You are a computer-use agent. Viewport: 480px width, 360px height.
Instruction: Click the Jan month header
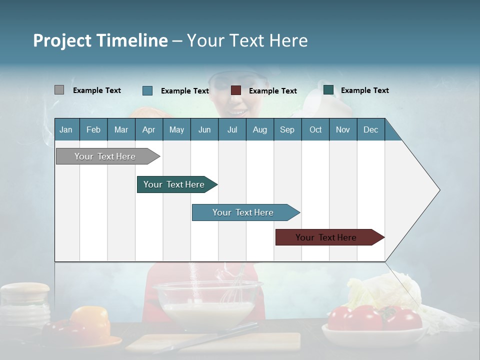point(66,130)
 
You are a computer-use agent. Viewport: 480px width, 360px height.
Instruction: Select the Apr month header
point(148,130)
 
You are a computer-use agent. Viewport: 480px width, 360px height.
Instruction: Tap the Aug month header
point(259,130)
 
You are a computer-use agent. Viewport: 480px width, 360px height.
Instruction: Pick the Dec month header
point(370,130)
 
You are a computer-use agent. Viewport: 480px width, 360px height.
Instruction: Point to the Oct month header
point(315,130)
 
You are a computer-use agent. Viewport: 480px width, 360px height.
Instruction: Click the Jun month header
point(204,130)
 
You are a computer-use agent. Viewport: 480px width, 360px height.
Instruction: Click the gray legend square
point(59,90)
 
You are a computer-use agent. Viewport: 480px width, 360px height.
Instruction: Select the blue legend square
point(147,90)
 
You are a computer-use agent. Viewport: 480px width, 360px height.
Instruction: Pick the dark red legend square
point(236,90)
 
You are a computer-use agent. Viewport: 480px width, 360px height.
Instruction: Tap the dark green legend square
point(328,90)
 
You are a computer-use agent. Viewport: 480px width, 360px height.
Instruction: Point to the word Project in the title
point(62,40)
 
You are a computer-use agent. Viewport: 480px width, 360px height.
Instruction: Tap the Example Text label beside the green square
point(364,90)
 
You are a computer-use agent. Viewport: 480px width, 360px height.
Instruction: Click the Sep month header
point(287,130)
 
